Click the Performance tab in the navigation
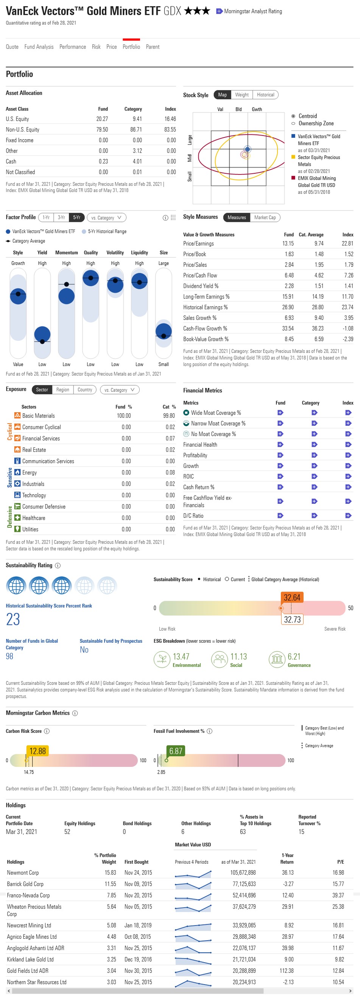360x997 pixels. (72, 47)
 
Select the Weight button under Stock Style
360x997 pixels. (242, 95)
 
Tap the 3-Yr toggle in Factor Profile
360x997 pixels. (61, 218)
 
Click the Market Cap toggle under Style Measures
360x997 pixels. (265, 218)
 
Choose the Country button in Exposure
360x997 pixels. (84, 390)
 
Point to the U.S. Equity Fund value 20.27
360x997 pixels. (102, 119)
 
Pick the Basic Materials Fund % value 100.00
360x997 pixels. (123, 416)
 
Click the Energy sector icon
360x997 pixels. (17, 472)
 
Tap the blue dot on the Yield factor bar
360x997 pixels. (42, 334)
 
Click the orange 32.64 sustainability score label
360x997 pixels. (292, 597)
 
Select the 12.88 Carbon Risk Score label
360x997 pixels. (37, 751)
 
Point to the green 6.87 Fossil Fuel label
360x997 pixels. (175, 751)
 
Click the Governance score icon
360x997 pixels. (276, 659)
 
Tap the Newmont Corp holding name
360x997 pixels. (23, 873)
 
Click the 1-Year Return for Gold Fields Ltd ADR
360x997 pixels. (287, 971)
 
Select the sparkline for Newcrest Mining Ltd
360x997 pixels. (193, 925)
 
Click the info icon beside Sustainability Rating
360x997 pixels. (58, 565)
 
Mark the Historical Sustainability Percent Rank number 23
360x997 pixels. (13, 619)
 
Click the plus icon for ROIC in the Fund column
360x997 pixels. (280, 477)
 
